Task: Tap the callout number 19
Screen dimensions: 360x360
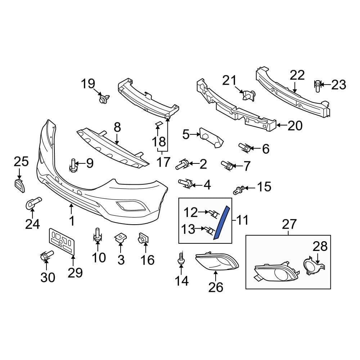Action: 87,84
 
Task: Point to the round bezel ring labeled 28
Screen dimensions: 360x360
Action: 310,267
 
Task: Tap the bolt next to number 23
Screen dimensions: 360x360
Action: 317,85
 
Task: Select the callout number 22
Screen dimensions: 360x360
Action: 297,76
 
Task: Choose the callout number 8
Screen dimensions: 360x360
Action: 117,127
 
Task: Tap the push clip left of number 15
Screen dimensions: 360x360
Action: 239,189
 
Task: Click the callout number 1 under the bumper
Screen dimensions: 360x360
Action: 72,220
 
